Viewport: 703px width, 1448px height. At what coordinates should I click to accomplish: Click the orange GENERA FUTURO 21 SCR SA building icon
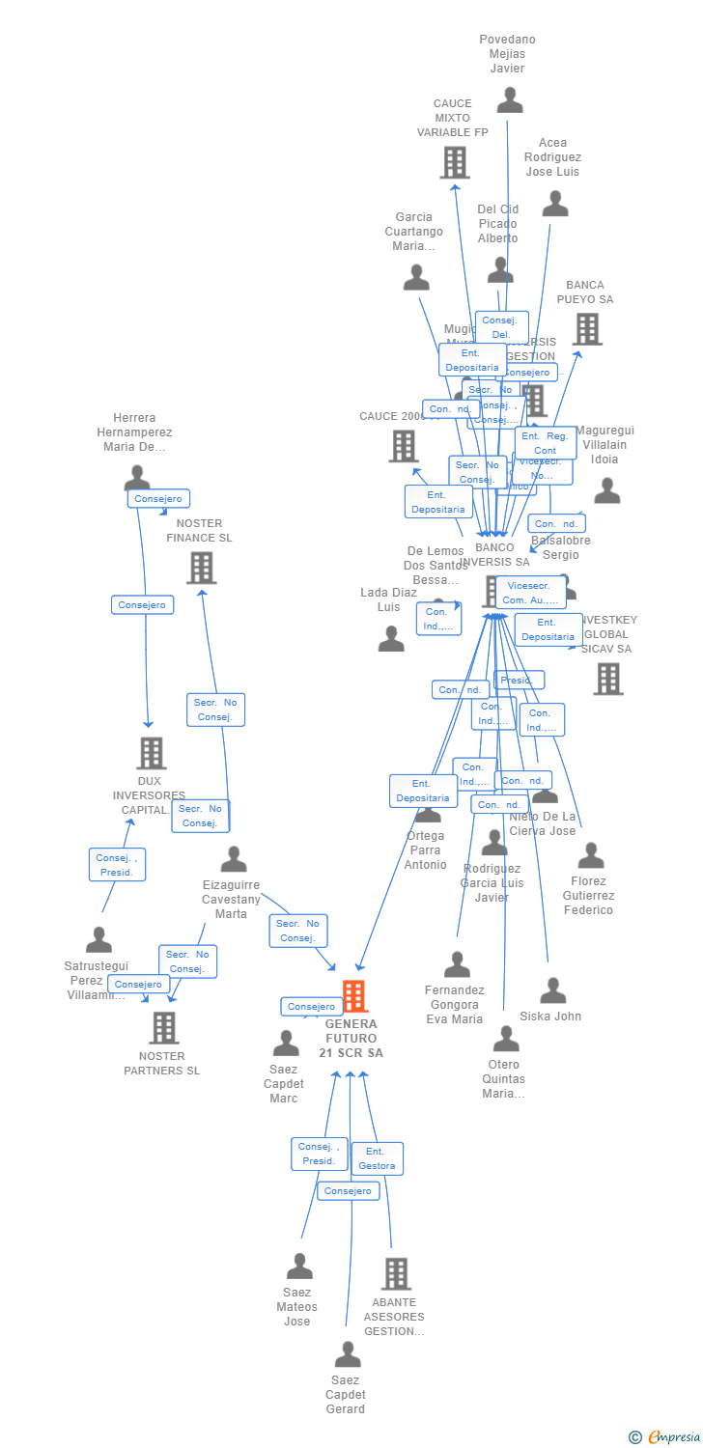[354, 996]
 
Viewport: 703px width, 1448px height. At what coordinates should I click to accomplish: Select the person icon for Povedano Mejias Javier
[510, 99]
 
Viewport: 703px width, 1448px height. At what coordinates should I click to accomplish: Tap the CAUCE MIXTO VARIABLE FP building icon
[455, 162]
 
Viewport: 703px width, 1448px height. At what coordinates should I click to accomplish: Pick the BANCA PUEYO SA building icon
[587, 329]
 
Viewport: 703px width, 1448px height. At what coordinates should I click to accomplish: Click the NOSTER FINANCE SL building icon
[201, 568]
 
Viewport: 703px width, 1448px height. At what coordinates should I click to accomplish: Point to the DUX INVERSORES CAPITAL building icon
[151, 753]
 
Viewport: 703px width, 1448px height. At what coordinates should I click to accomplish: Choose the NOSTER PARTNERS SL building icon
[164, 1028]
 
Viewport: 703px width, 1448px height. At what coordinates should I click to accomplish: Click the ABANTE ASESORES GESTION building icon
[396, 1273]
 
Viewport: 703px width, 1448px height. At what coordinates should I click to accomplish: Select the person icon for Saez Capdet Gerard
[348, 1354]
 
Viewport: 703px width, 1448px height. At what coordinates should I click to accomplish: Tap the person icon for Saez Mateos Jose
[299, 1266]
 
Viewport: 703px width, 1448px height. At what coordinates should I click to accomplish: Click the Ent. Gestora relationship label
[377, 1158]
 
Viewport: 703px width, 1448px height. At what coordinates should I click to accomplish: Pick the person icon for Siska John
[552, 990]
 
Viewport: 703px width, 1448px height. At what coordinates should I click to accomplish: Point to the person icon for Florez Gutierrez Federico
[590, 855]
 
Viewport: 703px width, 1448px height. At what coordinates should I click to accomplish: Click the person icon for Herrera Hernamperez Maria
[137, 477]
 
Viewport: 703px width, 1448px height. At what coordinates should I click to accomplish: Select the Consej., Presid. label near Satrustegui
[117, 864]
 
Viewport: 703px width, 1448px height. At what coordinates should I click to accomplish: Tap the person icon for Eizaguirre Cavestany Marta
[234, 858]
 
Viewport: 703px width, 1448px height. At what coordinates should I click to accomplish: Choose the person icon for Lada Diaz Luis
[391, 638]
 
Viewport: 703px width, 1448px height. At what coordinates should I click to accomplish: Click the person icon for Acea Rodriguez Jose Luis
[554, 204]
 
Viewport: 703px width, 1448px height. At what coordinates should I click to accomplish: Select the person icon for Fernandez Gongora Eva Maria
[457, 963]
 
